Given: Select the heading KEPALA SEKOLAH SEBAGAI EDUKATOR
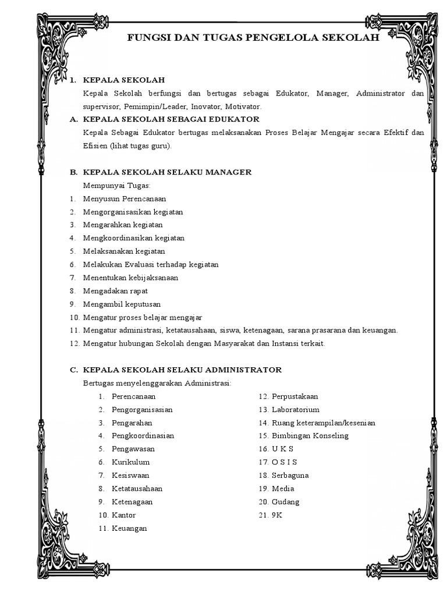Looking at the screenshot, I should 171,119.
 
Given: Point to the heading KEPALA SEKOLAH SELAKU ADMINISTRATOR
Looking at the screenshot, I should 182,370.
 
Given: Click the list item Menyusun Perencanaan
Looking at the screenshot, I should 125,198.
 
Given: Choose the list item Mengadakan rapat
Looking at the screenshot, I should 115,291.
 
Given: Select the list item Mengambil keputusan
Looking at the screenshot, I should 122,304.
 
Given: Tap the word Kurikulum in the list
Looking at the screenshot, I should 130,462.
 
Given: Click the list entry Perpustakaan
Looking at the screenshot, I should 295,396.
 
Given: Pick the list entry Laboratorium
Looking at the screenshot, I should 295,410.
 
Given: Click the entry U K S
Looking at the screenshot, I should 282,449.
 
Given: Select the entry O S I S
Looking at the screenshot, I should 284,462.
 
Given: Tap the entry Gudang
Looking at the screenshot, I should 285,502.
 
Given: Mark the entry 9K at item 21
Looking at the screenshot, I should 276,515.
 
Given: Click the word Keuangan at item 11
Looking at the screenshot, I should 129,528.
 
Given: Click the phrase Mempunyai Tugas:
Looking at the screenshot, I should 116,186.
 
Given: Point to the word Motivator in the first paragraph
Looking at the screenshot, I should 245,107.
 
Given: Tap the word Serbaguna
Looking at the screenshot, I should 290,476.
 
